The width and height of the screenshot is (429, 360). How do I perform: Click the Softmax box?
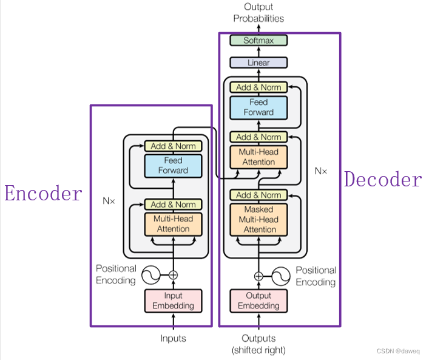pos(258,41)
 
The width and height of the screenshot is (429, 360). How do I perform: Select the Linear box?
pos(258,63)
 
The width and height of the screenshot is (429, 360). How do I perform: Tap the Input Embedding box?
pos(173,301)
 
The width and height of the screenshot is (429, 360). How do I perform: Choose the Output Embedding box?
pos(259,301)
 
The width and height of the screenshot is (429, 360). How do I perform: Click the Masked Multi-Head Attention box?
pos(259,220)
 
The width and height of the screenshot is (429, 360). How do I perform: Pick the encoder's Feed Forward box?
pos(173,165)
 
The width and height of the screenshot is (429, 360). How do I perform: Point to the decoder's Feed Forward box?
pos(259,107)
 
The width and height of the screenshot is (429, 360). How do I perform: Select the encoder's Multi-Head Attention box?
pos(173,224)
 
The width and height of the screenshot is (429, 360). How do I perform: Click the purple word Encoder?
pos(43,194)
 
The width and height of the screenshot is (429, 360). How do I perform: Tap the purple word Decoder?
pos(382,179)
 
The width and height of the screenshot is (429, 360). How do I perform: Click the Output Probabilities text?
pos(258,12)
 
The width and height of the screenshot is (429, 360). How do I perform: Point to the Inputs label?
pos(173,338)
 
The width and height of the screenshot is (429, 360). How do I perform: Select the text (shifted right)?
pos(258,350)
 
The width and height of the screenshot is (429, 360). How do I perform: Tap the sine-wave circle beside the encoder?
pos(150,275)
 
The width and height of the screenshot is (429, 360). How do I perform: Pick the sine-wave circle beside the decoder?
pos(280,276)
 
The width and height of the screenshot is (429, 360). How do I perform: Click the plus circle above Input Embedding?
pos(173,275)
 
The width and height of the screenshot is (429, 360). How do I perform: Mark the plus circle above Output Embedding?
pos(259,276)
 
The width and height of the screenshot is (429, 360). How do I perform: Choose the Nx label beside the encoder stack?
pos(109,199)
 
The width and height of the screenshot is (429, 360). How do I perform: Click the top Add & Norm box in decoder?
pos(259,87)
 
